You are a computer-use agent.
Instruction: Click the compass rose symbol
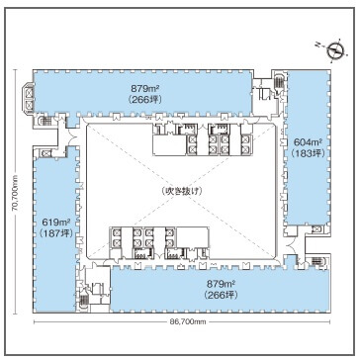(x=335, y=50)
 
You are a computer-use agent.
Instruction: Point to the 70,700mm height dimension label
(x=15, y=193)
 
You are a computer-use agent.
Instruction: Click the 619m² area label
(x=55, y=222)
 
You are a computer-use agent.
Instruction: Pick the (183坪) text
(x=308, y=153)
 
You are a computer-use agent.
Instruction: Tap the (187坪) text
(x=55, y=233)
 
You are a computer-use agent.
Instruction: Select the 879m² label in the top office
(x=145, y=88)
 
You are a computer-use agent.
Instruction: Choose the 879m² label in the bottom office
(x=221, y=284)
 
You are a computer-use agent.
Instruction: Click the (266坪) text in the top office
(x=145, y=99)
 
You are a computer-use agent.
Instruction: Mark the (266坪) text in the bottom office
(x=221, y=295)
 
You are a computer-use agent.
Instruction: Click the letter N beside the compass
(x=318, y=44)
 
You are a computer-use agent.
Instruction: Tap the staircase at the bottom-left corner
(x=84, y=300)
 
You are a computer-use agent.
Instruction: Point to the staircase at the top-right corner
(x=279, y=81)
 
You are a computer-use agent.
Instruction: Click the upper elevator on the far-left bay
(x=29, y=93)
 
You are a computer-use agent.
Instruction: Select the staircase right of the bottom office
(x=316, y=261)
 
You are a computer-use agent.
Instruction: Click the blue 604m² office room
(x=307, y=147)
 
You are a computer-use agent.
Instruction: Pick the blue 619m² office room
(x=55, y=229)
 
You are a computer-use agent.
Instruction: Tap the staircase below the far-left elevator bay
(x=45, y=121)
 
